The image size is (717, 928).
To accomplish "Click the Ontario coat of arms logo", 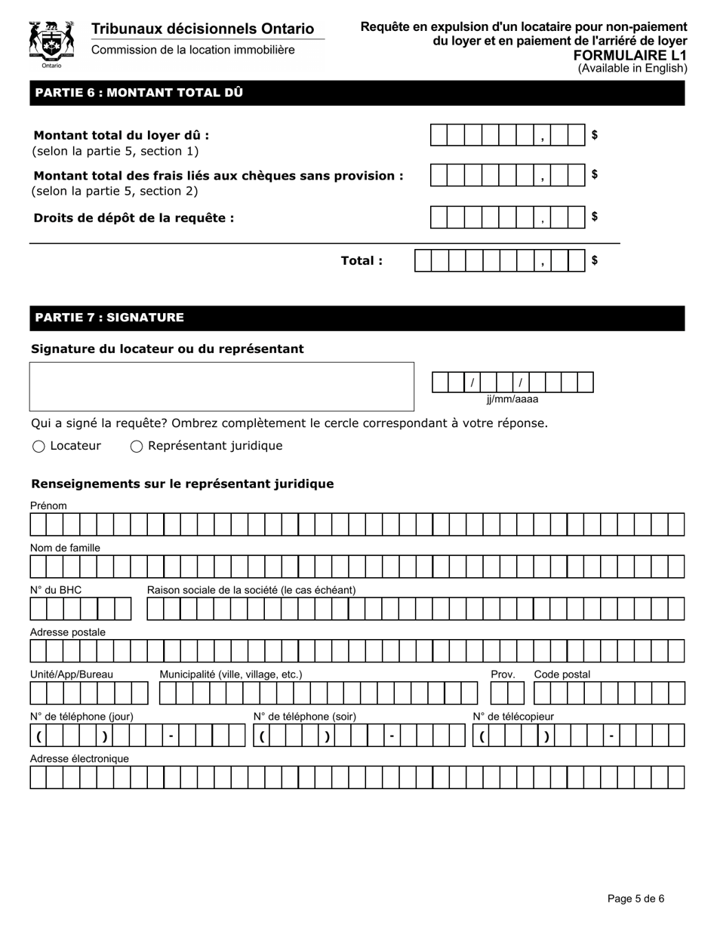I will point(51,43).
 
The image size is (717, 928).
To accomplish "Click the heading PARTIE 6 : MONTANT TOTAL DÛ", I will point(139,93).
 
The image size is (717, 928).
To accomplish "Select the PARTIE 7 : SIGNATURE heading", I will point(109,318).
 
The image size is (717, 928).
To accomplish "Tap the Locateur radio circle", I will point(38,447).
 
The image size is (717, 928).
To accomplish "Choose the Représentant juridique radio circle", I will point(137,447).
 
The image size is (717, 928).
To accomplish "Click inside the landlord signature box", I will point(221,386).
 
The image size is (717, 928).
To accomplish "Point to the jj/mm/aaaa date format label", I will point(512,400).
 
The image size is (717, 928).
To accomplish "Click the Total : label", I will point(362,261).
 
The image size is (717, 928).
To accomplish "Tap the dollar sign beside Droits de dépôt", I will point(595,217).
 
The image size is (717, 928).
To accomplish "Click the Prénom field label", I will point(48,505).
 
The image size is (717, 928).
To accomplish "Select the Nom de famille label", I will point(65,548).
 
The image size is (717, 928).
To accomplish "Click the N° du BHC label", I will point(56,590).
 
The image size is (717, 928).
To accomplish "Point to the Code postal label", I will point(562,674).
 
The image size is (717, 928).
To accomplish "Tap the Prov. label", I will point(503,674).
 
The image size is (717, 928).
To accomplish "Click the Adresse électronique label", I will point(79,758).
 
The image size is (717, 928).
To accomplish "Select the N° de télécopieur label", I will point(513,716).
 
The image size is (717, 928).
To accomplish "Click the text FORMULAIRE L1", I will point(630,55).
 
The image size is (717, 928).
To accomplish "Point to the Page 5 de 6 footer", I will point(635,899).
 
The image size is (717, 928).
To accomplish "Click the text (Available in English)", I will point(632,68).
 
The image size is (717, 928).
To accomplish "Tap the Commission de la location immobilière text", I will point(193,50).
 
